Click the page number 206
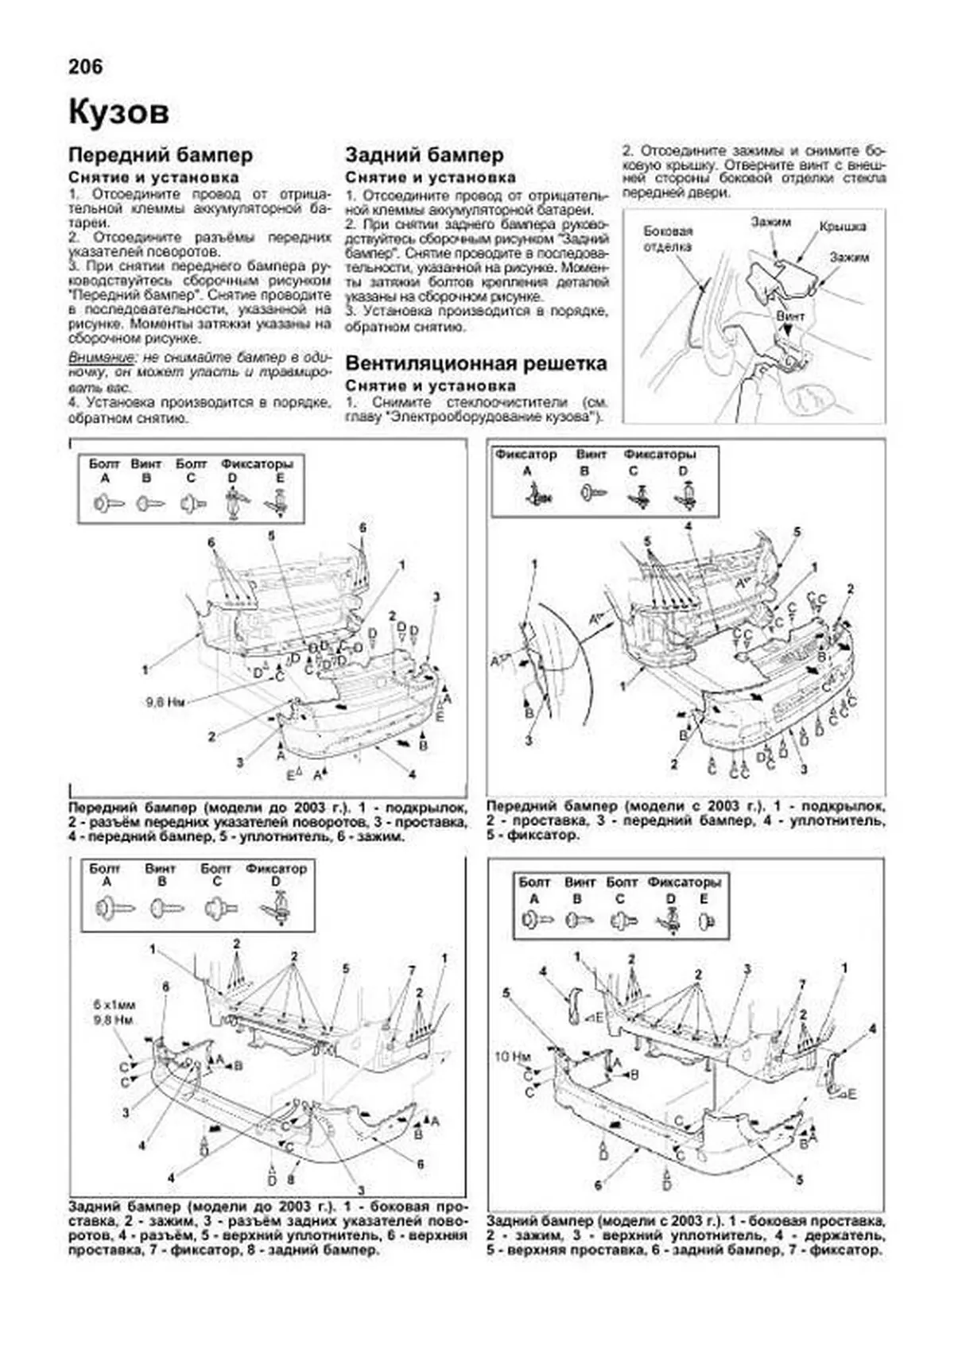click(x=86, y=67)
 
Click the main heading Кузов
click(x=118, y=112)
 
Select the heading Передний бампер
click(x=160, y=155)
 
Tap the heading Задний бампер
click(x=424, y=155)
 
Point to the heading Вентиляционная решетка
click(x=475, y=364)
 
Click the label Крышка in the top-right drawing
click(x=843, y=227)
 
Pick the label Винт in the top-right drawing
click(x=790, y=316)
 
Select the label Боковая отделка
click(x=668, y=238)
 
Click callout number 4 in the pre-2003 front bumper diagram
click(x=412, y=773)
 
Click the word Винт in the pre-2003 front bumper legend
click(x=146, y=463)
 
